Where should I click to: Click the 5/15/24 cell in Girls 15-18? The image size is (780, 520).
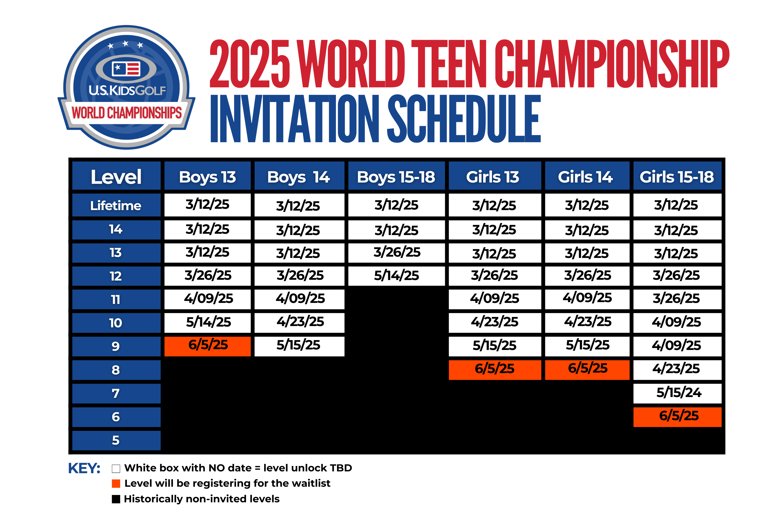pos(677,394)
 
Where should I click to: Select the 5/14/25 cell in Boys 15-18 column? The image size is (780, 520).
pos(396,276)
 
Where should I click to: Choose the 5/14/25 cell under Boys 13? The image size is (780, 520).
pos(207,323)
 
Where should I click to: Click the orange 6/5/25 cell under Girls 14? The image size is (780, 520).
pos(587,370)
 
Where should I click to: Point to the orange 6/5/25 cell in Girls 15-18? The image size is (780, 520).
pos(677,417)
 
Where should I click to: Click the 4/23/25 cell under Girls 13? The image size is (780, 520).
pos(495,323)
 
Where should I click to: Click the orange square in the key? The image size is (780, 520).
pos(116,484)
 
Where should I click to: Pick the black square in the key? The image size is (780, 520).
pos(116,499)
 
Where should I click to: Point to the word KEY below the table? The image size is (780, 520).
pos(84,468)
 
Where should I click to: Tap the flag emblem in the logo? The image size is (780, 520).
pos(126,69)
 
